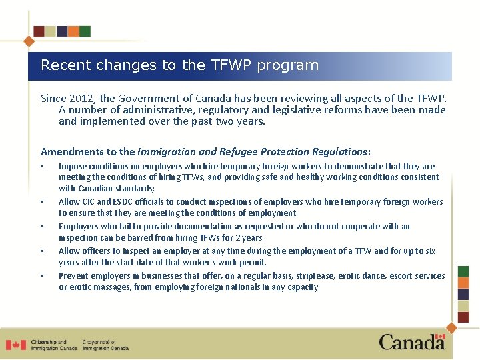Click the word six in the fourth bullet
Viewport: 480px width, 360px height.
(x=430, y=251)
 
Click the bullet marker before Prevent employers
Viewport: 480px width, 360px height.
(x=42, y=276)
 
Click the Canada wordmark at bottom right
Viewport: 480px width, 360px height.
(x=412, y=343)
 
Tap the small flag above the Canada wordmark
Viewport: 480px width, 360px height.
(x=440, y=337)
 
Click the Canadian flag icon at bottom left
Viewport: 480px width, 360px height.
(x=15, y=345)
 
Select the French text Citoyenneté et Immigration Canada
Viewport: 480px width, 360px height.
(x=105, y=345)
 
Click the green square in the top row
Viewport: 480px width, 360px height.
(x=85, y=31)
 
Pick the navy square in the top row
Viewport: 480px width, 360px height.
(x=62, y=31)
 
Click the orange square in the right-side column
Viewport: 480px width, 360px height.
(x=464, y=283)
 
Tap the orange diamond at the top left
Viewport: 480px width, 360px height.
(x=29, y=41)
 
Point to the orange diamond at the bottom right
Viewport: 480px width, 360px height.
(x=451, y=327)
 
